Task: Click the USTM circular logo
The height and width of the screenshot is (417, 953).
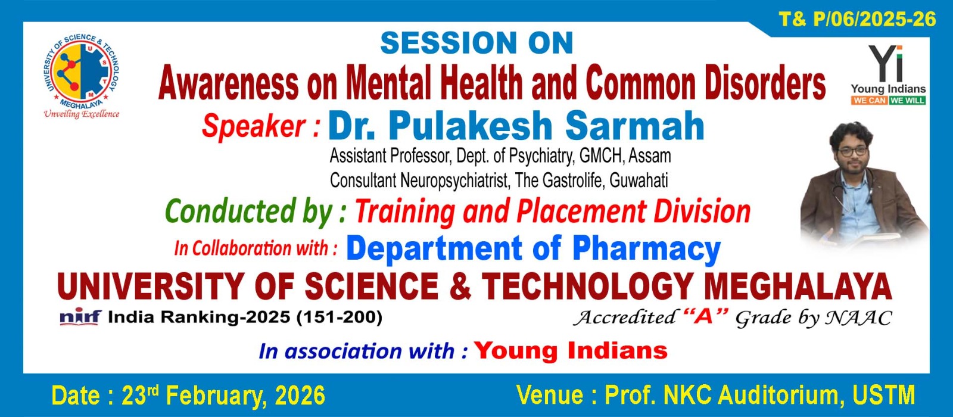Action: pyautogui.click(x=82, y=71)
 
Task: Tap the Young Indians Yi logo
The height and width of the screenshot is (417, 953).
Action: pyautogui.click(x=888, y=75)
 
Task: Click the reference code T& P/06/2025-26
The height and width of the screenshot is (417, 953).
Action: pyautogui.click(x=857, y=19)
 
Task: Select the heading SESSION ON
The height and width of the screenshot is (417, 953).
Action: pyautogui.click(x=476, y=42)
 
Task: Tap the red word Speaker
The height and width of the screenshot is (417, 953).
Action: pyautogui.click(x=254, y=126)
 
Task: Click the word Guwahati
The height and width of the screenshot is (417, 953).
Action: pyautogui.click(x=639, y=181)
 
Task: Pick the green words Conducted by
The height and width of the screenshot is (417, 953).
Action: pyautogui.click(x=250, y=211)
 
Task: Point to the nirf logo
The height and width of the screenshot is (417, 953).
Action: pyautogui.click(x=80, y=317)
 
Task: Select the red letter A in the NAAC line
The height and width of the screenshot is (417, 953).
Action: pyautogui.click(x=705, y=316)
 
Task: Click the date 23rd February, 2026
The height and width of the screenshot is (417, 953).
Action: pyautogui.click(x=223, y=396)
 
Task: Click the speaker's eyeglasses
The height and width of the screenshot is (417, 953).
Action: pyautogui.click(x=852, y=151)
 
